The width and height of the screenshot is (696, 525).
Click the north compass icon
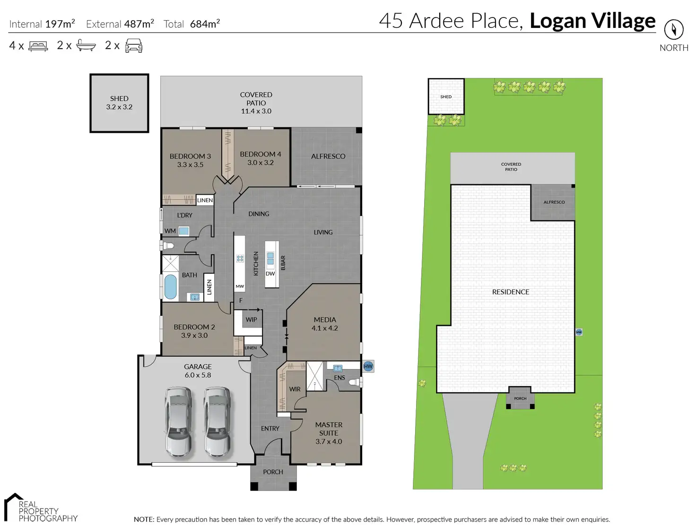coord(673,30)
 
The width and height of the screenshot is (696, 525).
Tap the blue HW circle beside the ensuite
coord(368,366)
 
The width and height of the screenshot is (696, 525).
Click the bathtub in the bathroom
coord(170,287)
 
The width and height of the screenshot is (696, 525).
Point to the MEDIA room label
coord(325,320)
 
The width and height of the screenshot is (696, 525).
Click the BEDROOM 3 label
coord(190,156)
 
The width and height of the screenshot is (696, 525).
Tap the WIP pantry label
coord(251,319)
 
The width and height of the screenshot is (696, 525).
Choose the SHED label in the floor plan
coord(119,99)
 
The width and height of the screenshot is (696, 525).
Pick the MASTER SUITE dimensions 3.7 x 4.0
coord(329,441)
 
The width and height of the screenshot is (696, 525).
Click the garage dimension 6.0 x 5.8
coord(198,375)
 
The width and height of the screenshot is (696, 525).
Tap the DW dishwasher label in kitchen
coord(270,274)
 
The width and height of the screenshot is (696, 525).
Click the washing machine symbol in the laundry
coord(184,231)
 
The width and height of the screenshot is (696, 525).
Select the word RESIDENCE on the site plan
coord(511,292)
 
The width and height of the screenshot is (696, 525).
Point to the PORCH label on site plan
coord(520,398)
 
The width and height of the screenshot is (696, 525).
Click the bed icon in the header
coord(38,46)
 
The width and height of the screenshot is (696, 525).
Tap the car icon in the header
coord(134,46)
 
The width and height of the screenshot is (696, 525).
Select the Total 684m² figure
coord(191,24)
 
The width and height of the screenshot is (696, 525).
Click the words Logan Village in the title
coord(592,21)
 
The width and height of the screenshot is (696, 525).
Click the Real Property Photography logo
coord(40,508)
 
